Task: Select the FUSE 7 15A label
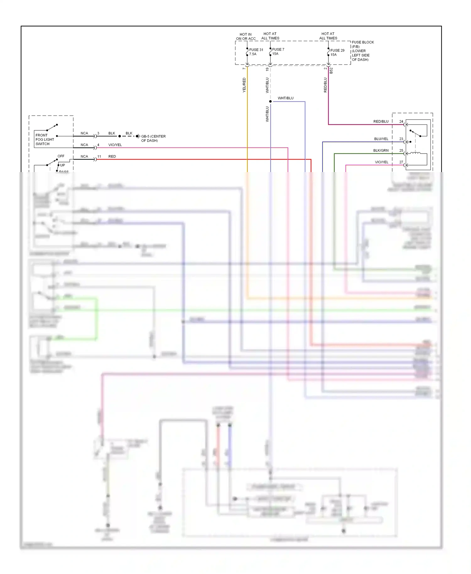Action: (278, 51)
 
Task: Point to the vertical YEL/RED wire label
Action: (244, 85)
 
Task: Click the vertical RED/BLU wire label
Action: (325, 85)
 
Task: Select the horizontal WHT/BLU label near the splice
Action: (285, 98)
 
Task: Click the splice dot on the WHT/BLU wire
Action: (270, 101)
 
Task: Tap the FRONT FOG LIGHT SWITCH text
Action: (45, 139)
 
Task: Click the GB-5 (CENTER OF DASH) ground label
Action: (153, 138)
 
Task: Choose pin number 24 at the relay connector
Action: (401, 122)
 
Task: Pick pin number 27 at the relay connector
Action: (401, 162)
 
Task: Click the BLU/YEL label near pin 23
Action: (381, 139)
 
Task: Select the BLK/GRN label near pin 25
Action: (381, 150)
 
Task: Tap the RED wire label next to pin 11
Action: (112, 156)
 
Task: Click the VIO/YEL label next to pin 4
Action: (115, 145)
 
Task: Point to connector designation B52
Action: (331, 71)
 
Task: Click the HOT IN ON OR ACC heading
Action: (246, 36)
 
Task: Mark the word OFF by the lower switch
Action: (61, 156)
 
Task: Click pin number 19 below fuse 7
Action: (267, 69)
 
